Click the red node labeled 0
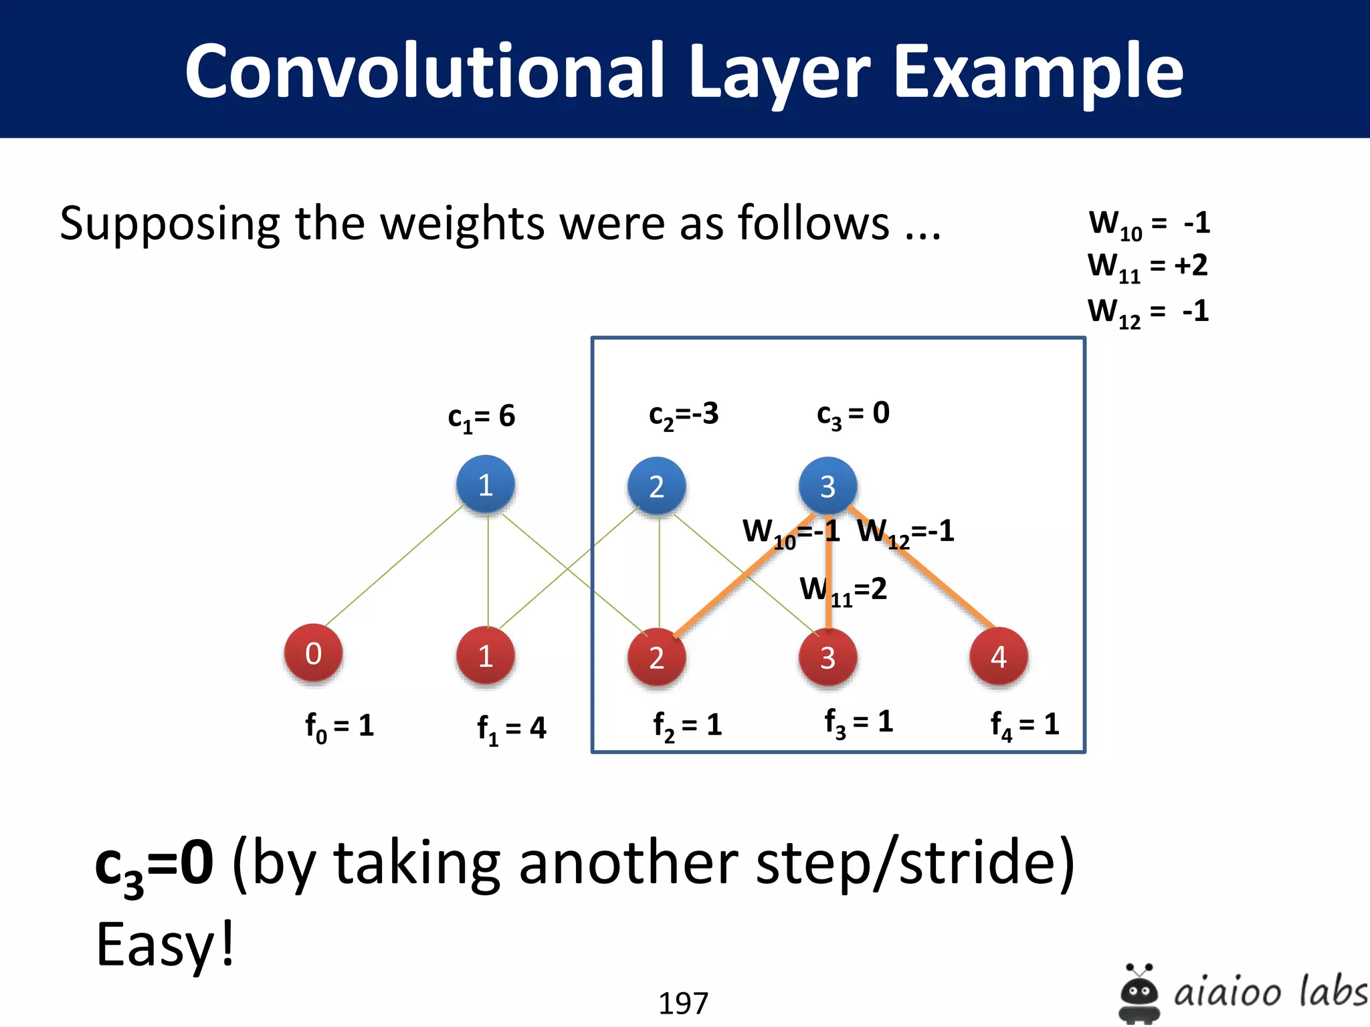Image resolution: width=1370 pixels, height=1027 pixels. (x=313, y=653)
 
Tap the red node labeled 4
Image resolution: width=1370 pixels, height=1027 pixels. (x=998, y=657)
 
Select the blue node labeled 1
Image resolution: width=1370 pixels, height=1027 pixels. (x=486, y=485)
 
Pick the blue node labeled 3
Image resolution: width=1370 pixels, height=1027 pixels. (x=827, y=486)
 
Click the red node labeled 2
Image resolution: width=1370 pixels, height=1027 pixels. (x=656, y=657)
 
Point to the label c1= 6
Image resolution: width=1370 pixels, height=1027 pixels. (x=481, y=417)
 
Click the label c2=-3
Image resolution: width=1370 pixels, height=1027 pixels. (x=683, y=415)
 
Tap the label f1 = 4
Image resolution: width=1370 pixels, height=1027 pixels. (x=511, y=728)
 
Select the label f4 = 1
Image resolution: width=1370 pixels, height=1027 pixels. (x=1024, y=725)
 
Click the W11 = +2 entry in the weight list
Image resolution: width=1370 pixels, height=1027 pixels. (x=1147, y=266)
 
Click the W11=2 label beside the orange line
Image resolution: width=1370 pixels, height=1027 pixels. (x=843, y=590)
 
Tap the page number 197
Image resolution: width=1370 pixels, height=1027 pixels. (x=683, y=1003)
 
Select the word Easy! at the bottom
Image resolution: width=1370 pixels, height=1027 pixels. (x=165, y=944)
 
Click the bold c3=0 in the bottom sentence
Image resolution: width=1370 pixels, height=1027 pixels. (x=154, y=864)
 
